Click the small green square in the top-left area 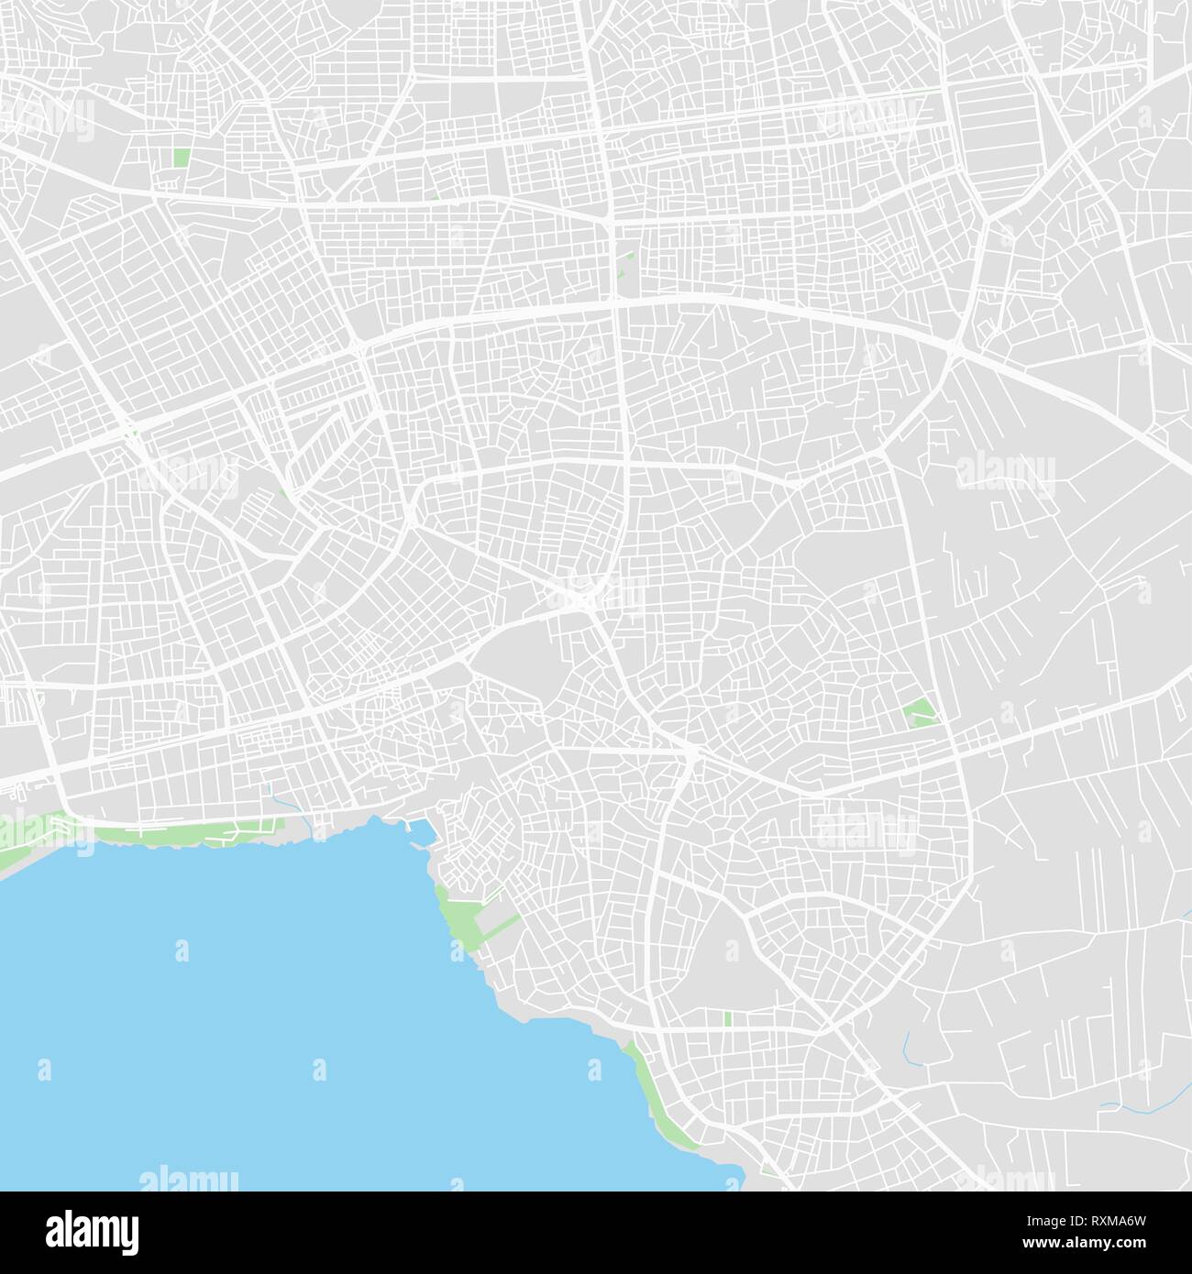[x=182, y=158]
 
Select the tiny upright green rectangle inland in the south [x=727, y=1018]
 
